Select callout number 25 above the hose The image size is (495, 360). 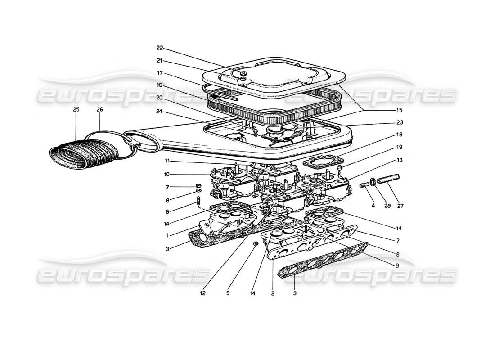pyautogui.click(x=75, y=109)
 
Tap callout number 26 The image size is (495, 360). pyautogui.click(x=99, y=109)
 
